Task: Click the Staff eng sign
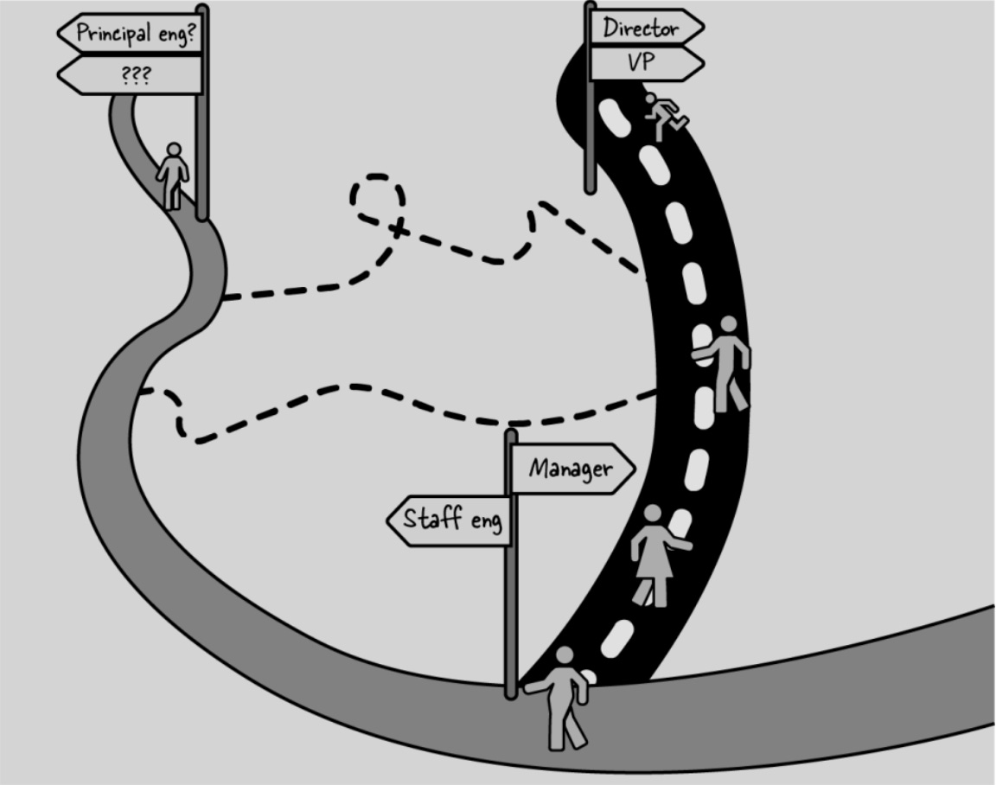450,520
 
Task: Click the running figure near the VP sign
664,115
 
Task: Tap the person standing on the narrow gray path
173,176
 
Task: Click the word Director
640,27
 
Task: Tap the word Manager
571,469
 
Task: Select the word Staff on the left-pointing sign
432,520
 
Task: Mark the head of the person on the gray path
174,150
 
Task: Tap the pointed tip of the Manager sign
634,469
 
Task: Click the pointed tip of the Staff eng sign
388,520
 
